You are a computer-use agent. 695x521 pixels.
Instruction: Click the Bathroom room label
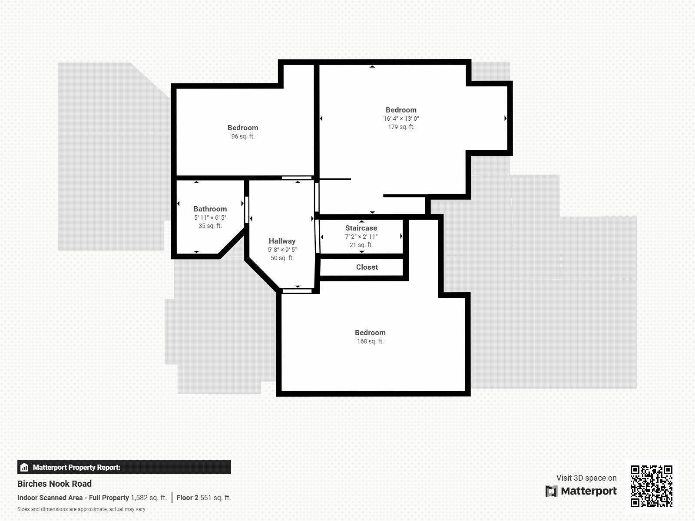click(x=210, y=209)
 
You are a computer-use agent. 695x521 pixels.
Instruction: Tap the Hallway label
click(x=282, y=241)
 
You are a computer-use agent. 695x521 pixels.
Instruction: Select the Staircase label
click(x=361, y=228)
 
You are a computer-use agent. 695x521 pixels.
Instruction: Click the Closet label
click(x=367, y=267)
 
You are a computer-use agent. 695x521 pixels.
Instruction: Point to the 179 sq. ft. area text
click(x=401, y=127)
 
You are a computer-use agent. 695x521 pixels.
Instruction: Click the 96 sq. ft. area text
click(x=243, y=136)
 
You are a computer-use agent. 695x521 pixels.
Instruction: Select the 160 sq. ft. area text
click(x=370, y=341)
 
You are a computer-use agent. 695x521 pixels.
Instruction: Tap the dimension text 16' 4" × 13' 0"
click(x=401, y=119)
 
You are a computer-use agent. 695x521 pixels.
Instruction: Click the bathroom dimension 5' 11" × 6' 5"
click(x=210, y=218)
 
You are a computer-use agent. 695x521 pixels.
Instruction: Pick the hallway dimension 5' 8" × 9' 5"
click(x=282, y=250)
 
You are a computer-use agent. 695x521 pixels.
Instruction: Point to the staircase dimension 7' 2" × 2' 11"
click(x=361, y=237)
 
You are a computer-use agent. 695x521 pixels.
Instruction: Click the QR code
click(x=651, y=486)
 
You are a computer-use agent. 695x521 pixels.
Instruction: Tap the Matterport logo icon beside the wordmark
click(x=551, y=491)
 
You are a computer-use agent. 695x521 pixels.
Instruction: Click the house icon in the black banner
click(x=24, y=468)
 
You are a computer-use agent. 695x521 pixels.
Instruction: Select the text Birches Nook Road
click(x=54, y=484)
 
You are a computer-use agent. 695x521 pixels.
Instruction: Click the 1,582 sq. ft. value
click(x=149, y=498)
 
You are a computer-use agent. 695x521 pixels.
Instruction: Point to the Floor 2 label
click(x=187, y=498)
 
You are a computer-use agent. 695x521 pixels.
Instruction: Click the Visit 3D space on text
click(x=586, y=478)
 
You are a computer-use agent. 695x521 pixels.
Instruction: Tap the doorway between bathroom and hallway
click(x=247, y=210)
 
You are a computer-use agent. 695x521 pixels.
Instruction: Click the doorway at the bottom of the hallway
click(x=297, y=291)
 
